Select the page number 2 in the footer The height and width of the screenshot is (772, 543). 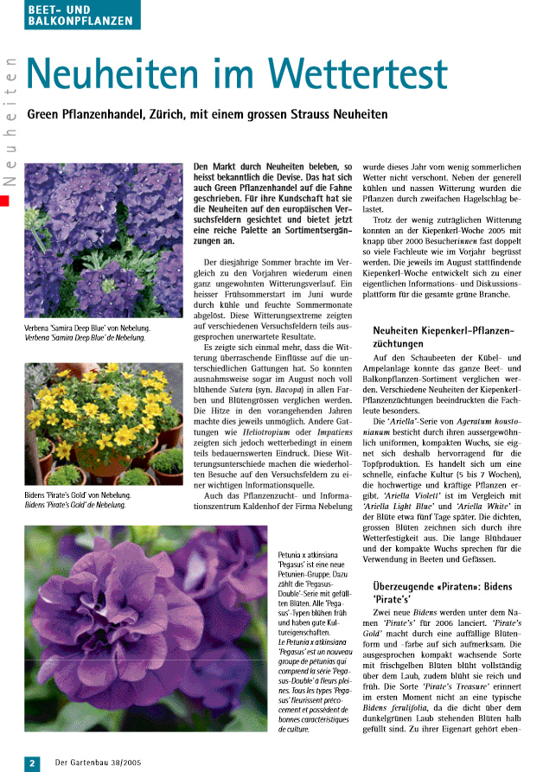[x=32, y=762]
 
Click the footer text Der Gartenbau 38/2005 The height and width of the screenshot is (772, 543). [x=98, y=762]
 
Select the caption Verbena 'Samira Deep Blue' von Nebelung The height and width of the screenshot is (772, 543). [x=87, y=329]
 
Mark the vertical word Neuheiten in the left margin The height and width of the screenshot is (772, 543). [x=10, y=121]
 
